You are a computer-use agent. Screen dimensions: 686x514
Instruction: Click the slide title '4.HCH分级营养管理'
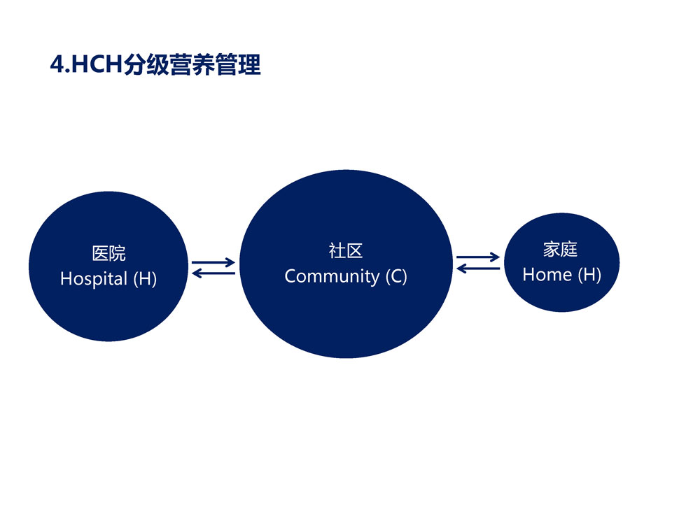point(155,64)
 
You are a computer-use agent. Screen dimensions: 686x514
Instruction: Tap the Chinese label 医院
point(109,253)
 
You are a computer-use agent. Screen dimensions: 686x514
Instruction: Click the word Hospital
point(94,279)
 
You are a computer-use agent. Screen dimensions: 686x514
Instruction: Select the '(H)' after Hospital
point(145,279)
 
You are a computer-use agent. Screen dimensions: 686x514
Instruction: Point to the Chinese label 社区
point(346,250)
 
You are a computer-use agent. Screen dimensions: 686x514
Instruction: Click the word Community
point(332,276)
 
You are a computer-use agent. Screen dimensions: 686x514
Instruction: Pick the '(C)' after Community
point(396,276)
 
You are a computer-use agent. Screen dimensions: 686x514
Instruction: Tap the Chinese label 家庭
point(561,249)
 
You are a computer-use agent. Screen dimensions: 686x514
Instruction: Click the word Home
point(547,274)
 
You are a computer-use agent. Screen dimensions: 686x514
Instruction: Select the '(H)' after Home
point(589,274)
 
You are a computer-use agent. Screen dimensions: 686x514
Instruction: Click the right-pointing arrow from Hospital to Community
point(213,263)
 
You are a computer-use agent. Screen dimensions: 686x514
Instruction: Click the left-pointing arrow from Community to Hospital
point(213,273)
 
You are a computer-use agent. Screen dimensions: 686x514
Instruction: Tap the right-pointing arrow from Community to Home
point(478,257)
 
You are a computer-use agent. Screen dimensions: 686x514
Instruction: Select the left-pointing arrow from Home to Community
point(478,269)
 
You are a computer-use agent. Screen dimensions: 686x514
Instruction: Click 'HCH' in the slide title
point(97,64)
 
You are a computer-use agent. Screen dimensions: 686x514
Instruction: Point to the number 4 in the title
point(57,64)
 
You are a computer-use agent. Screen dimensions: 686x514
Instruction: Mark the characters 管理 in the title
point(238,64)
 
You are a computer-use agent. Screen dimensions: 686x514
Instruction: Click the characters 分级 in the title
point(146,64)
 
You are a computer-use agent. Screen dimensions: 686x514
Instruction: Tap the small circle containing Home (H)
point(561,262)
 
